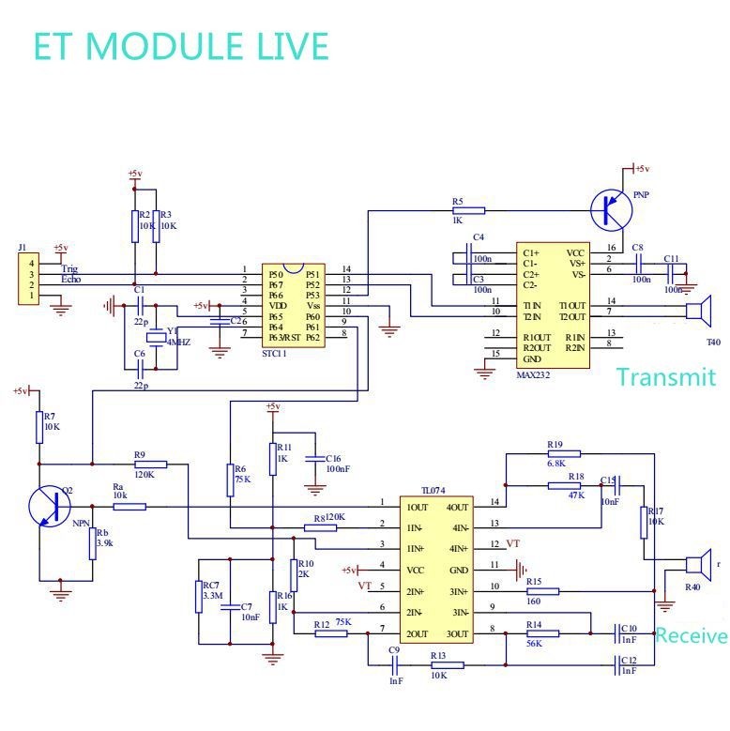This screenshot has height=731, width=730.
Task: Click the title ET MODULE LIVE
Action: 181,46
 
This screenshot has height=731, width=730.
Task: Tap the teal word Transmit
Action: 665,377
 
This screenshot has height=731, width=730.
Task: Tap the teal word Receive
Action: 692,635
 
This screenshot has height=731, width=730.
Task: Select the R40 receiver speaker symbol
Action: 693,565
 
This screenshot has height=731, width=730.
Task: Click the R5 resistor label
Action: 457,202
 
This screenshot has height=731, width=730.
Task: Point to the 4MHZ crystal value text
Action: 178,343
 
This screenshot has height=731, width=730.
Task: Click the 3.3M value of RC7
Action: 210,595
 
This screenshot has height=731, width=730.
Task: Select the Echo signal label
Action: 71,280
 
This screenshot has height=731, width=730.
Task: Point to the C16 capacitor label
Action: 335,458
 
